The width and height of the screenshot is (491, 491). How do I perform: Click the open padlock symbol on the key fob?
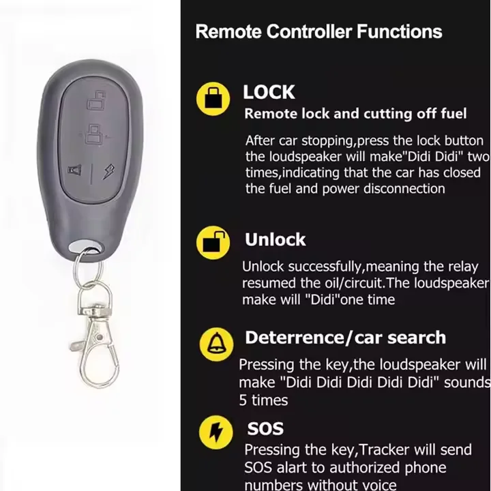click(96, 100)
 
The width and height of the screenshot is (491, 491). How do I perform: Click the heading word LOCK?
click(269, 92)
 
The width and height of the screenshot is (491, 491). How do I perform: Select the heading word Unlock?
click(275, 239)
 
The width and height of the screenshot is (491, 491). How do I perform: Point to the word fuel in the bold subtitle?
click(453, 114)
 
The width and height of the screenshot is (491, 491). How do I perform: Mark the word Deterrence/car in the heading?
click(312, 338)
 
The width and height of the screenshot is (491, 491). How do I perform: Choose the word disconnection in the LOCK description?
click(404, 188)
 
